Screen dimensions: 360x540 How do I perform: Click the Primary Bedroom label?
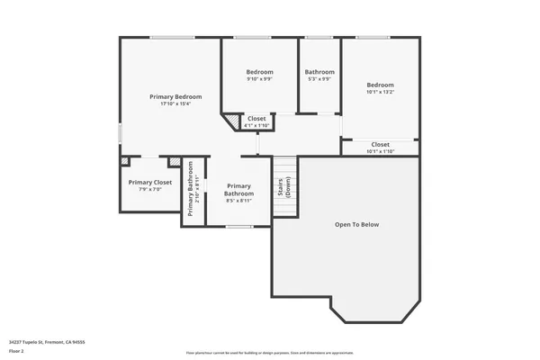coord(175,96)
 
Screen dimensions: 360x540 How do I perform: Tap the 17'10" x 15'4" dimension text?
coord(175,104)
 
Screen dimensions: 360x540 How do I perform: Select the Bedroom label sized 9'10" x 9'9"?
coord(259,72)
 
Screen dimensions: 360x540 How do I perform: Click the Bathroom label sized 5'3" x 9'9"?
coord(319,72)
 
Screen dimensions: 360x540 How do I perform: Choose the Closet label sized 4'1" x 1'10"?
coord(256,118)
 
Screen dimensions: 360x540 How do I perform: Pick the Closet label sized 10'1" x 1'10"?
coord(380,144)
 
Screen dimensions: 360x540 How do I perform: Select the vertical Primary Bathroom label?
coord(191,195)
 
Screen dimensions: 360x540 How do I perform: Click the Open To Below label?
coord(357,224)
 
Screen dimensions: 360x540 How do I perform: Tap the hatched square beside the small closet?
coord(232,119)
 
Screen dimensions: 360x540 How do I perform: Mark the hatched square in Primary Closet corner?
coord(125,161)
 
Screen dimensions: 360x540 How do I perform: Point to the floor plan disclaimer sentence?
coord(270,352)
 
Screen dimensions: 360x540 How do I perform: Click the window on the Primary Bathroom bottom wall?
coord(238,227)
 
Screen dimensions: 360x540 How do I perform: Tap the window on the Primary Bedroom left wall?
coord(120,132)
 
